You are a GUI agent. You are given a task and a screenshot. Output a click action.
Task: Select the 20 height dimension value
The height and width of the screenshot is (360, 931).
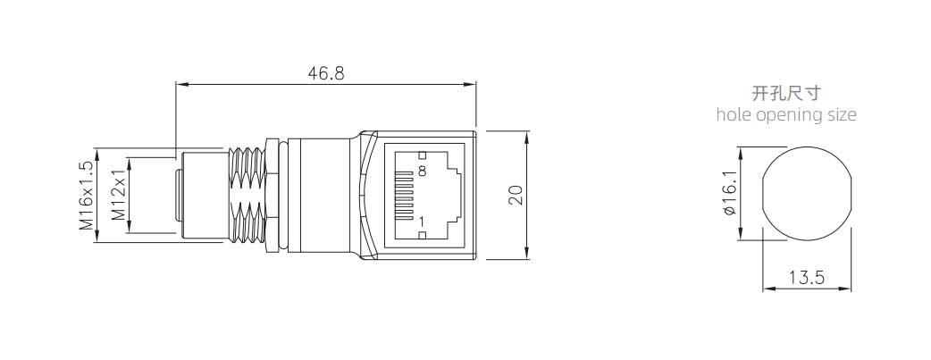tap(516, 196)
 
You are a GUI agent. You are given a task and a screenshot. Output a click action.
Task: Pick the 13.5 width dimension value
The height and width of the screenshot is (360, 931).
tap(806, 279)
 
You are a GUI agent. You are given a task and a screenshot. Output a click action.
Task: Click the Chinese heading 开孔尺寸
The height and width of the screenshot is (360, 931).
tap(786, 93)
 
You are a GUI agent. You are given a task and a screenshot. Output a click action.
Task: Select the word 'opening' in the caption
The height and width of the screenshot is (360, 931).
tap(786, 115)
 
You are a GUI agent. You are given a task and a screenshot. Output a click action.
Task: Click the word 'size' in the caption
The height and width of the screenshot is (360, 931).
tap(840, 114)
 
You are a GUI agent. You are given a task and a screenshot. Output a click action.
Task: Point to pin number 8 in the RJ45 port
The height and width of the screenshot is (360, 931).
tap(422, 170)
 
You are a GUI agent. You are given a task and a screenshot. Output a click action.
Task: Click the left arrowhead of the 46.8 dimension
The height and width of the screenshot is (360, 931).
tap(180, 85)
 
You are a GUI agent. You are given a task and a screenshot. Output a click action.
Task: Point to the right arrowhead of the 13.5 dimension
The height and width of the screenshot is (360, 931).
tap(846, 289)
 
